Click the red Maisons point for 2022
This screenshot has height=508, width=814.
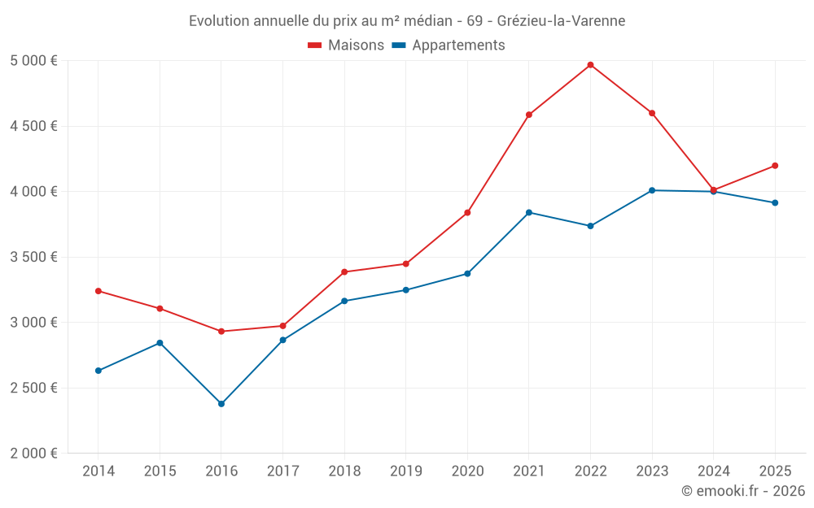coord(590,65)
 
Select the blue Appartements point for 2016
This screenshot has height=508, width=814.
coord(221,404)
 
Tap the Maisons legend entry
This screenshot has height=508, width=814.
coord(346,46)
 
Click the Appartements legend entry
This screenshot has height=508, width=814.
coord(449,46)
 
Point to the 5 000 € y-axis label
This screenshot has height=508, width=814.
coord(33,61)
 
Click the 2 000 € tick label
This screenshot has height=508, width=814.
coord(33,454)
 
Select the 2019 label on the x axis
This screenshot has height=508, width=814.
coord(405,471)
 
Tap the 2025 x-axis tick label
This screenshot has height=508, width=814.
coord(774,471)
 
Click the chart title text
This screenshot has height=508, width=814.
coord(407,21)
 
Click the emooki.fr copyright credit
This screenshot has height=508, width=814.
coord(742,491)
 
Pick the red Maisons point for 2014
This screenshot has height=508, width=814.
coord(98,291)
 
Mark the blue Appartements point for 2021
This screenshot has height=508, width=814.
coord(528,213)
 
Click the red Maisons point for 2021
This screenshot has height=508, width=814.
coord(528,115)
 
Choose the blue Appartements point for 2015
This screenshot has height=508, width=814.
coord(160,343)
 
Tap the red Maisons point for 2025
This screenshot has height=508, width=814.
coord(775,166)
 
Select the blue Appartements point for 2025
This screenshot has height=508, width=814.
coord(775,203)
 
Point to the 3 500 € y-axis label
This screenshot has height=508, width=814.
coord(33,258)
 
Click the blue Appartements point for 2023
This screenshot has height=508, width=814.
coord(652,190)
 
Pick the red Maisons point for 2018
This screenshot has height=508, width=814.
coord(344,272)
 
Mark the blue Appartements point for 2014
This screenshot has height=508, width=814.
coord(98,371)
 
